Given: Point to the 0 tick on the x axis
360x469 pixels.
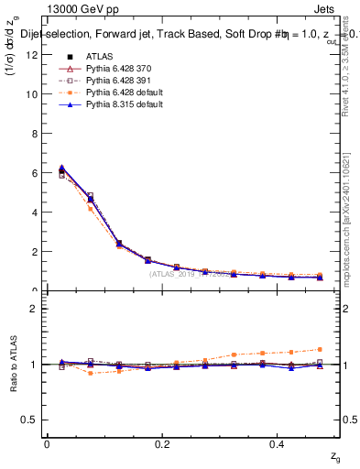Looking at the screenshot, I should tap(47, 443).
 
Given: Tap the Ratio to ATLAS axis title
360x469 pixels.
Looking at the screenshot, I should tap(13, 365).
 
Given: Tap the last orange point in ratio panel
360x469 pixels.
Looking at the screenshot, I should tap(320, 349).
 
